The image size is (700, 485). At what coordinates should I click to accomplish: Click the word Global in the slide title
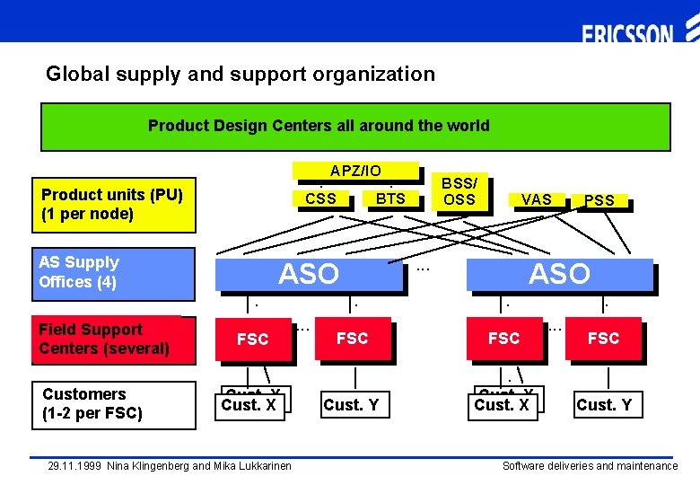coord(74,74)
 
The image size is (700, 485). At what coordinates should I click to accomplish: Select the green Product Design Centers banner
coord(355,127)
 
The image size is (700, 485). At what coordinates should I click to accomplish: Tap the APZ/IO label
coord(355,171)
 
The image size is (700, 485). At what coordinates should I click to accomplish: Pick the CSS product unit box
coord(321,198)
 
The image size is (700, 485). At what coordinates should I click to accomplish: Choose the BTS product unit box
coord(390,198)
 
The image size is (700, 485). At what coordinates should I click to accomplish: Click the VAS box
coord(537,199)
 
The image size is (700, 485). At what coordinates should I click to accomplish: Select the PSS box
coord(599,200)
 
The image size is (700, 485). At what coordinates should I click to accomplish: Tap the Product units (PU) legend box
coord(112,205)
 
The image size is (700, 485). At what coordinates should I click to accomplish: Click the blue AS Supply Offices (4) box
coord(113,273)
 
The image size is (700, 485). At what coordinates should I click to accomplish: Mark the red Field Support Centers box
coord(113,339)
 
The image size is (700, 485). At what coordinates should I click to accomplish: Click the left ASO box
coord(309,273)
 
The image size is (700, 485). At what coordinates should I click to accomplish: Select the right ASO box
coord(559,273)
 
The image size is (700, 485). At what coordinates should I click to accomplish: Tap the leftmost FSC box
coord(252,339)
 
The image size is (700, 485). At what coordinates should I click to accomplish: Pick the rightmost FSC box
coord(603,338)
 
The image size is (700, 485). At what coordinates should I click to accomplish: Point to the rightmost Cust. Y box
coord(604,405)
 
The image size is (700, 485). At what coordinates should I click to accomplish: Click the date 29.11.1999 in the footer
coord(75,466)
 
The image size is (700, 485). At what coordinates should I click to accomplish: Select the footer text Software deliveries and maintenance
coord(590,466)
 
